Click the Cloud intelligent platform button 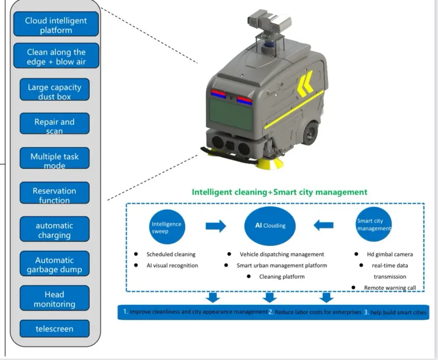point(56,25)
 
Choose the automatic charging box point(55,229)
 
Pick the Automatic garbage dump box point(55,264)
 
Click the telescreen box point(55,329)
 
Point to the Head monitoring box point(55,299)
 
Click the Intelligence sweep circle point(166,226)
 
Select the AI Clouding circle point(270,226)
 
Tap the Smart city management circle point(374,224)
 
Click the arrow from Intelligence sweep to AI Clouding point(215,226)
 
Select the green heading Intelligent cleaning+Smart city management point(279,192)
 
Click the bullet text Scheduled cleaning point(171,254)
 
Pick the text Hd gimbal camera point(390,254)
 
